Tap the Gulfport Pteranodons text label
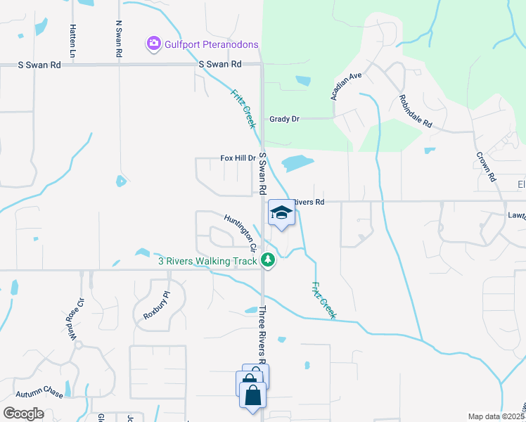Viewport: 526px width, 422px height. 211,44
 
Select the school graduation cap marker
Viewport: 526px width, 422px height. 281,213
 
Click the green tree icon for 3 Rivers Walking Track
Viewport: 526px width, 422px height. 267,260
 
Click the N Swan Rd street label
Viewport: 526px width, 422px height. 119,39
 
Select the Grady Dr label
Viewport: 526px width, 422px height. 284,119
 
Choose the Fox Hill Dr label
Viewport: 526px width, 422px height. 238,158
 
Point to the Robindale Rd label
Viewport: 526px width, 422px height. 415,110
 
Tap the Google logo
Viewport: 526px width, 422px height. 23,414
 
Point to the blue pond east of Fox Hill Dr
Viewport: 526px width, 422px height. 297,164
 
